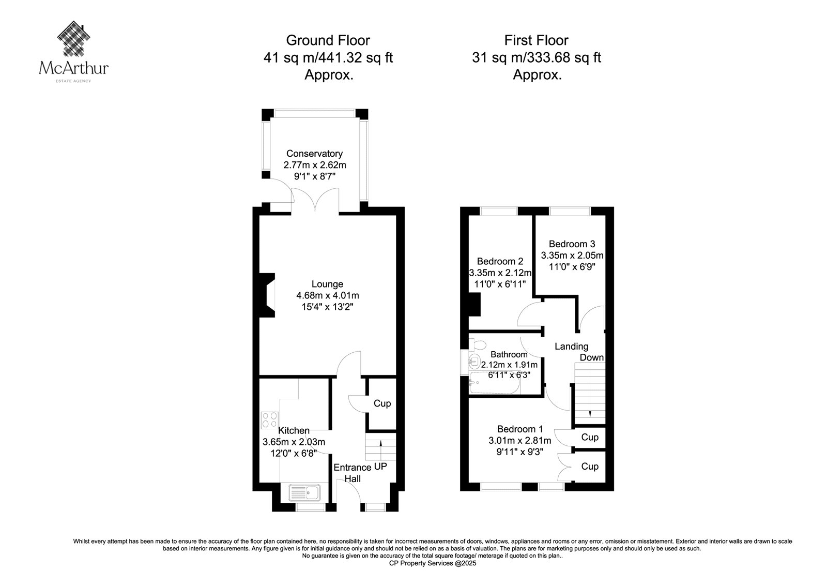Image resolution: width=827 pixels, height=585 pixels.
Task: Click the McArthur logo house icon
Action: pos(74,38)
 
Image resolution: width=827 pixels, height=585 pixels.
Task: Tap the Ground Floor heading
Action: pos(328,40)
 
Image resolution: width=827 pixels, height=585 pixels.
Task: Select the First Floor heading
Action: pos(537,40)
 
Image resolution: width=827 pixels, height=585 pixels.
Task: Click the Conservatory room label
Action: pos(315,154)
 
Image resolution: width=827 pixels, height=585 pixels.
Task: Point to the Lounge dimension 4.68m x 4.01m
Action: pos(328,295)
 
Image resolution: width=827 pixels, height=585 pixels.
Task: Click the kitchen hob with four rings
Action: pos(269,420)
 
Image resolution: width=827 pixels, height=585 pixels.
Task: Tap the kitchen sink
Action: pos(304,492)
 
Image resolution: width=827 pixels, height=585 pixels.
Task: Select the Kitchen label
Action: pos(294,430)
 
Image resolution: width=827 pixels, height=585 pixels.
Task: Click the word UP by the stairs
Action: pos(380,467)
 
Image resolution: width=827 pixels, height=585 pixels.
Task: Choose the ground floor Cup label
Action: pos(382,403)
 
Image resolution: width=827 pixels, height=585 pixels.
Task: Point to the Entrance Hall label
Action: pos(353,473)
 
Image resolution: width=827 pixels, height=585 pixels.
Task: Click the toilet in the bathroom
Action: pos(478,345)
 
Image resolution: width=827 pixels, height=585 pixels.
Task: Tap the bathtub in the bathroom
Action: pos(495,383)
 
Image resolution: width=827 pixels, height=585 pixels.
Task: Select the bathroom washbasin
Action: pos(474,360)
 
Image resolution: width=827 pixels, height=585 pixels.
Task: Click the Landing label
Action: pos(572,346)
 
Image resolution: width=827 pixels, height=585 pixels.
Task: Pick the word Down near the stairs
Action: pos(591,357)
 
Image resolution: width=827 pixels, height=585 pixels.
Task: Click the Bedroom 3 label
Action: pos(572,244)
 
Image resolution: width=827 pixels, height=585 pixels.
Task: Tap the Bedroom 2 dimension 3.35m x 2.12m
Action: pos(500,273)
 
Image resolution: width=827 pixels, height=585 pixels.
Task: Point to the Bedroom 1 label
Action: pos(520,429)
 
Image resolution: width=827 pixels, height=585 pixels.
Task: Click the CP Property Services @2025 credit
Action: pos(433,563)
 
